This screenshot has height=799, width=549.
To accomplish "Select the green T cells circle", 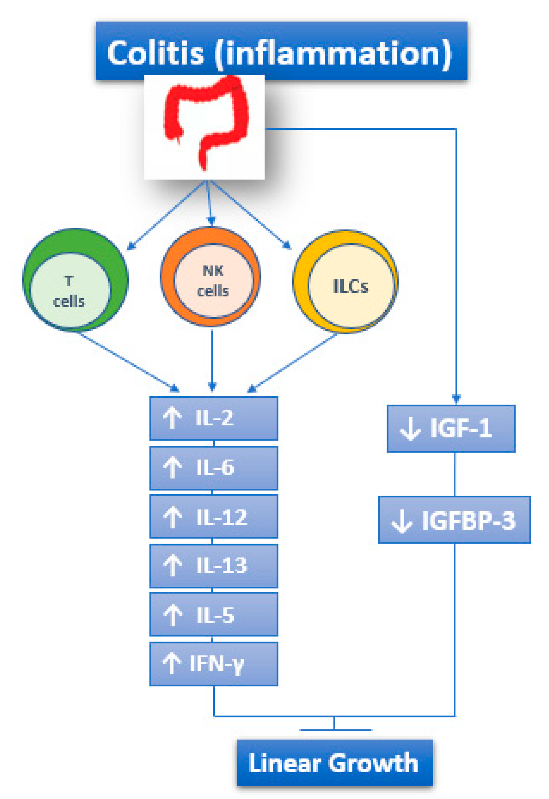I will [75, 279].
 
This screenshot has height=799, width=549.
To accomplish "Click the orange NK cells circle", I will [211, 277].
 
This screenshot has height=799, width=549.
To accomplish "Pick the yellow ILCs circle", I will [346, 281].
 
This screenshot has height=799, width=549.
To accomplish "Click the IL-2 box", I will [214, 419].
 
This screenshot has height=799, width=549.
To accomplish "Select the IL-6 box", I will [214, 468].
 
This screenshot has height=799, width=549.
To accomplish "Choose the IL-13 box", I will [214, 566].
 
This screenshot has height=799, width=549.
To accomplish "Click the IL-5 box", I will [214, 614].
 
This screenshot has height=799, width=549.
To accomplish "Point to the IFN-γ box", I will [214, 664].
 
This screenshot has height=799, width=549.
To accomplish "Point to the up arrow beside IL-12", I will [172, 517].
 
